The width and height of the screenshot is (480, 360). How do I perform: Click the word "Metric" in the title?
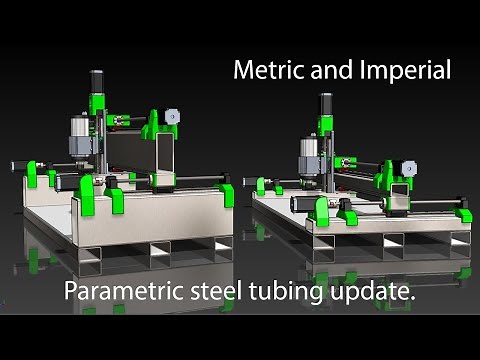pos(262,71)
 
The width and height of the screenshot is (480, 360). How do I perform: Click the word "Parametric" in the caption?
pos(119,293)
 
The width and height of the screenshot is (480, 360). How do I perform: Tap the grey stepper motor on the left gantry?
pos(173,116)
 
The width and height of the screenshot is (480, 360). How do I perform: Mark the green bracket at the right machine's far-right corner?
pos(464,214)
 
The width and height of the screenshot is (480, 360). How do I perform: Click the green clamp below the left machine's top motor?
pos(98,101)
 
